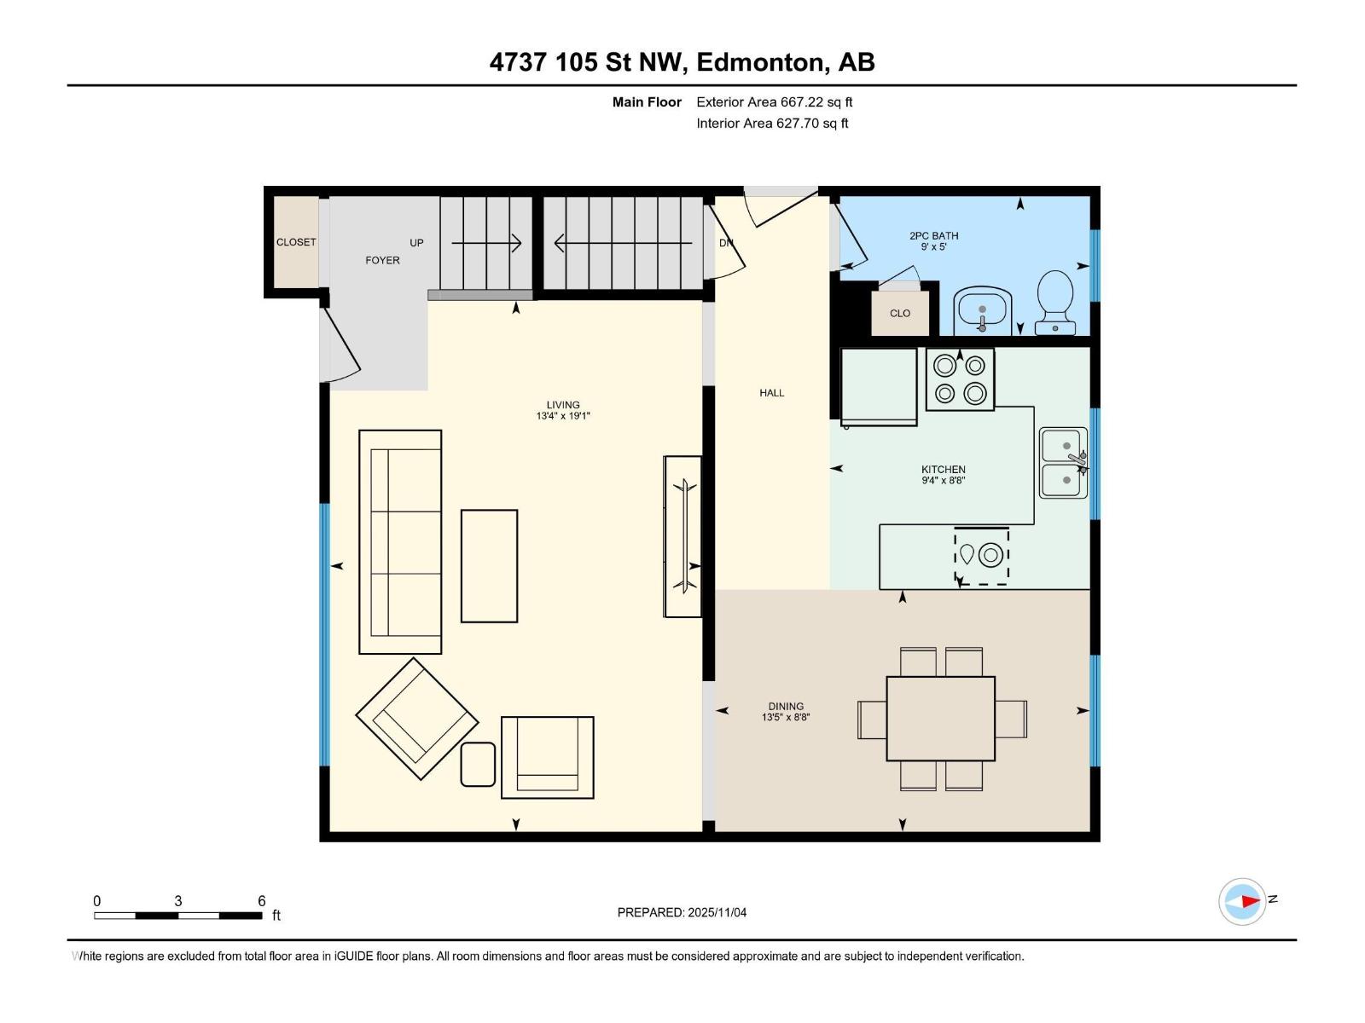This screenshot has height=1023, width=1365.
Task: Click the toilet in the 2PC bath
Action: click(1055, 300)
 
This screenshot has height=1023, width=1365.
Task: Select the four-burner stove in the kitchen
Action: click(960, 379)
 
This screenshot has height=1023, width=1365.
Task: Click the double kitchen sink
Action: click(1063, 463)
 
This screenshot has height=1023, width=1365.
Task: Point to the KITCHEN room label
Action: click(943, 470)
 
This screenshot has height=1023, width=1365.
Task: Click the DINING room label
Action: click(786, 706)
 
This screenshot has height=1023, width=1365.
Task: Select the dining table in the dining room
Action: click(940, 719)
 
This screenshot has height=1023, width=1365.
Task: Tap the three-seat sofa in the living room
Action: click(400, 542)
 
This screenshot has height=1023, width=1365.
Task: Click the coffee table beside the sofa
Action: click(489, 566)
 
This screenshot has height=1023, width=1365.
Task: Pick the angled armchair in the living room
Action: click(416, 719)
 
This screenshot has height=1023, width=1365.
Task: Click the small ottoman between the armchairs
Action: click(478, 764)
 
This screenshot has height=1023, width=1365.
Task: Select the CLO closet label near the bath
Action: click(899, 313)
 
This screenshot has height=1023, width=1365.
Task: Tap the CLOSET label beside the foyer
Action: click(296, 242)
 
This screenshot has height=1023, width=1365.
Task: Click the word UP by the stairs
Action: click(416, 243)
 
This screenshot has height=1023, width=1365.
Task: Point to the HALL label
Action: click(771, 393)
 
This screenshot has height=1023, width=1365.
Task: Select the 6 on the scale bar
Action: click(262, 901)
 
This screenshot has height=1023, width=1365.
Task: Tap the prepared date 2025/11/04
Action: click(717, 912)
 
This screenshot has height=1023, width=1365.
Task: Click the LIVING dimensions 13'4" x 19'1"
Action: click(563, 416)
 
